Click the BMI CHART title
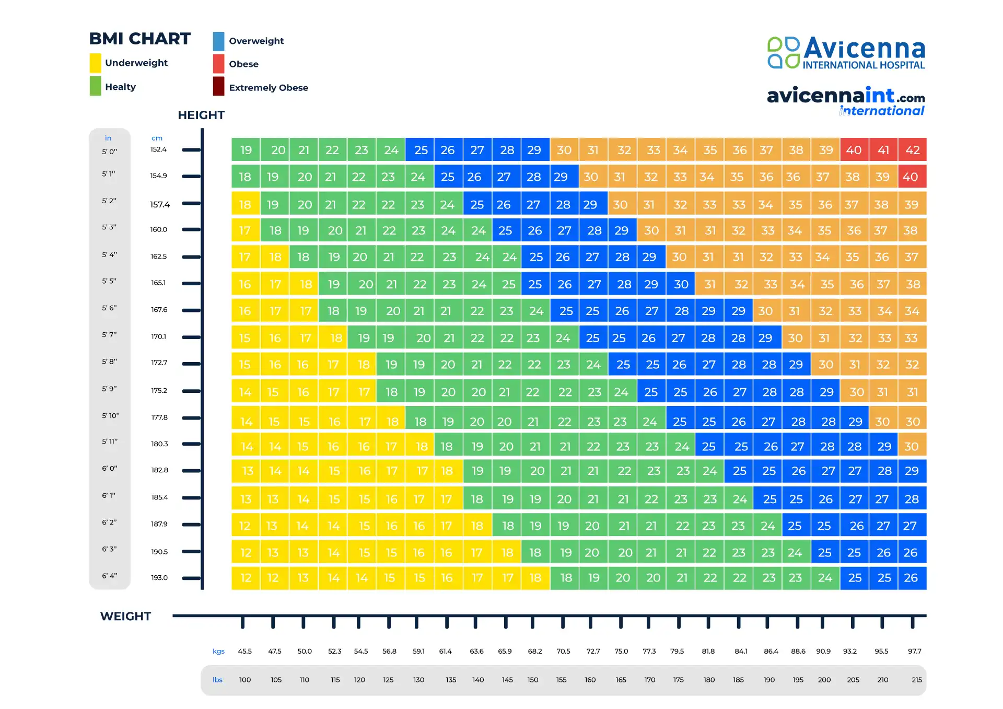click(x=139, y=39)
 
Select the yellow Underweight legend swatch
click(x=95, y=63)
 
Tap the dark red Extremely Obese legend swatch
click(x=218, y=87)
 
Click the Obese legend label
click(x=243, y=64)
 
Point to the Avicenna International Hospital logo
click(x=846, y=53)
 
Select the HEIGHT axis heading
click(x=201, y=115)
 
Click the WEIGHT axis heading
click(x=125, y=616)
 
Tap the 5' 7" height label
click(x=109, y=334)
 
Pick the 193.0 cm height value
click(x=159, y=577)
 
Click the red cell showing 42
click(x=912, y=150)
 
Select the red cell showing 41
click(x=883, y=150)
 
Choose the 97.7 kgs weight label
click(x=914, y=651)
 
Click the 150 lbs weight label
click(x=532, y=680)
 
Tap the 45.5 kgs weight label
click(x=244, y=651)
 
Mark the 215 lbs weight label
click(x=916, y=680)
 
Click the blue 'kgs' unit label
click(x=218, y=651)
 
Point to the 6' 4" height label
click(x=109, y=576)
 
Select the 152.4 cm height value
click(x=158, y=149)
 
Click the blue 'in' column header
click(x=108, y=138)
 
